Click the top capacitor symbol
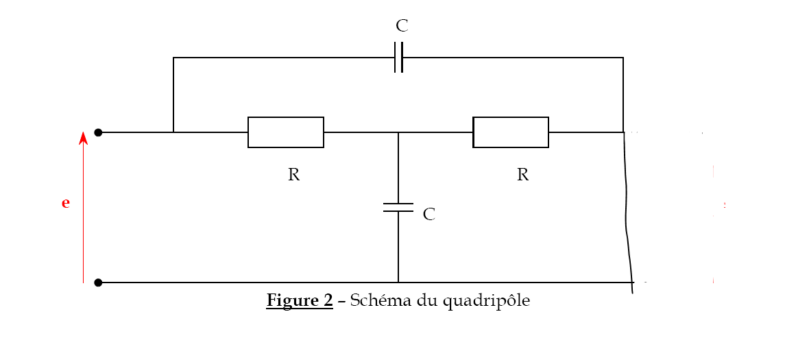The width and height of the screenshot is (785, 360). (398, 58)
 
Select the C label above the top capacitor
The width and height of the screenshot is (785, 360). (402, 27)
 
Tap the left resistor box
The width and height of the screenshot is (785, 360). (286, 132)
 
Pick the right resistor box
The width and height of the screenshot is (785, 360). (511, 132)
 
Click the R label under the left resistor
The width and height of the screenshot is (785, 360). (293, 175)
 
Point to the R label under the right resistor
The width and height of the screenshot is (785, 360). (522, 175)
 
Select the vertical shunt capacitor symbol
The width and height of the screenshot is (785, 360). (398, 208)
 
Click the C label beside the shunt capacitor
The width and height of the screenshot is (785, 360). (429, 215)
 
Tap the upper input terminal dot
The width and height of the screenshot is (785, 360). (98, 132)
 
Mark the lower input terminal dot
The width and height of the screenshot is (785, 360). (98, 283)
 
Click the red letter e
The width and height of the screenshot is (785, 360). (66, 203)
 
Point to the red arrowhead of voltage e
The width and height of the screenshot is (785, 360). (83, 138)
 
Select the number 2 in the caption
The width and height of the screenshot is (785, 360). (328, 300)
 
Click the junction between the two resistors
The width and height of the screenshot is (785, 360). (398, 132)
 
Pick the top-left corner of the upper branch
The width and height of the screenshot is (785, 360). (173, 58)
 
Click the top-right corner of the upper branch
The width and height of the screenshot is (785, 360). (623, 58)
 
